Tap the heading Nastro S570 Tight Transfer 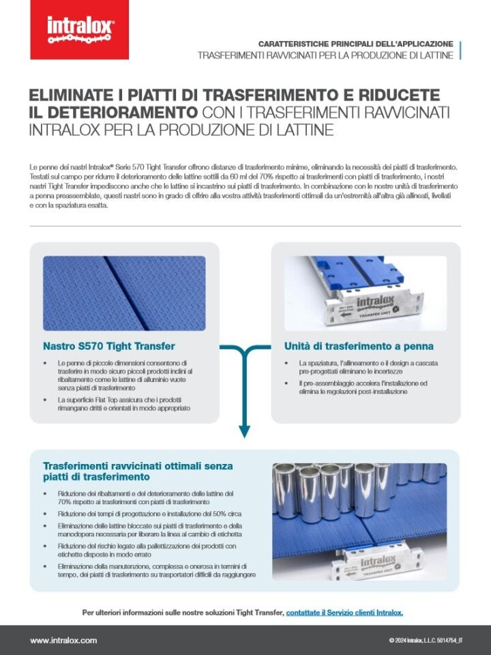click(x=109, y=346)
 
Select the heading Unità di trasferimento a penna click(x=359, y=346)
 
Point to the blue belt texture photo click(x=124, y=293)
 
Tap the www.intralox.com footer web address click(x=63, y=640)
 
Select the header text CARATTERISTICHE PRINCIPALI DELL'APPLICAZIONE click(x=355, y=43)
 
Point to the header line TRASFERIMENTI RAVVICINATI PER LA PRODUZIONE click(x=325, y=55)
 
